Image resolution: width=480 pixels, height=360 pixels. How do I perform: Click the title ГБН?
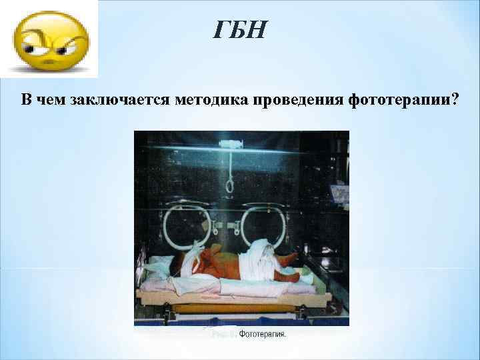(240, 30)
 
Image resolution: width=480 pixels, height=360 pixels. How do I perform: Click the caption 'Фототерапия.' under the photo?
(262, 334)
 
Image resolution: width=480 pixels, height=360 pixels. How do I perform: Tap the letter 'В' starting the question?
(26, 100)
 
